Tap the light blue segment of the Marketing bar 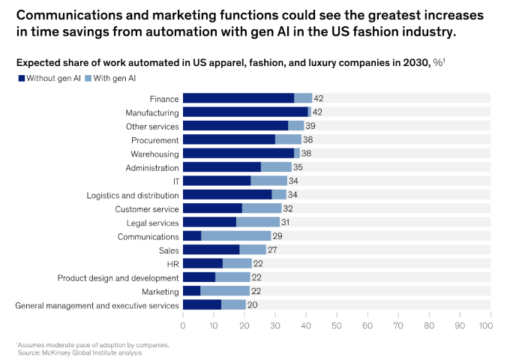pos(225,291)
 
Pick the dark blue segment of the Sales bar pos(211,250)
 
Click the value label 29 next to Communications pos(277,236)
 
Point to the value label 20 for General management pos(253,305)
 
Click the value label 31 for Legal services pos(285,223)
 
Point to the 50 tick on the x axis pos(337,326)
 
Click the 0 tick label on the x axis pos(183,326)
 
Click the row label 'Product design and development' pos(118,277)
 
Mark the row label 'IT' pos(175,181)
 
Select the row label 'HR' pos(172,264)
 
